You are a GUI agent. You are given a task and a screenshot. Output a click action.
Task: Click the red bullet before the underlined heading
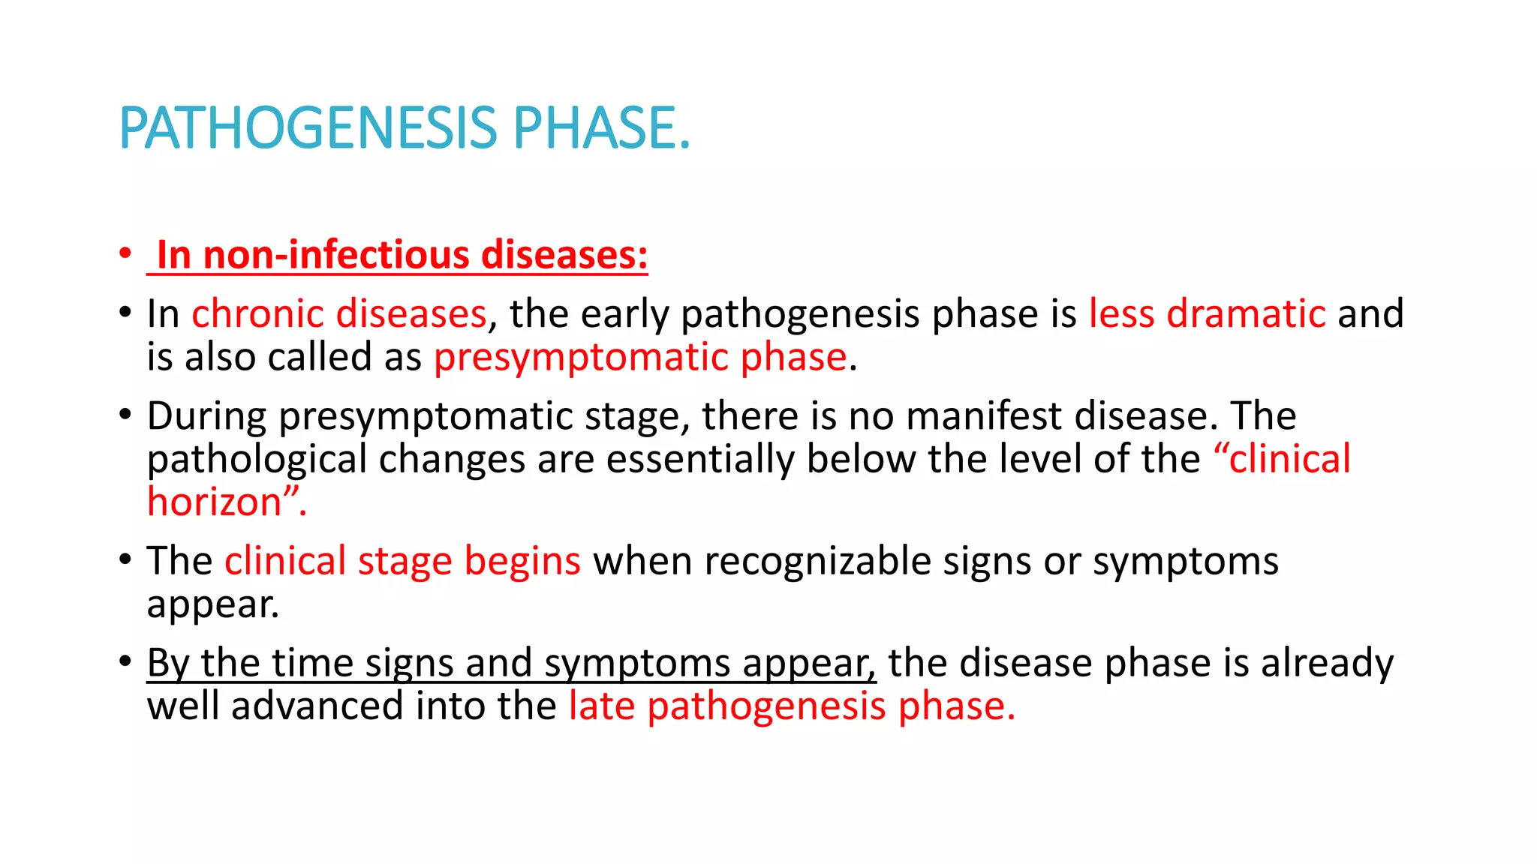point(125,253)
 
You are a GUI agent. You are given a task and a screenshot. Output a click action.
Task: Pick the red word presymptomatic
point(581,357)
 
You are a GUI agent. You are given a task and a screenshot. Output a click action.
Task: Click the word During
point(206,416)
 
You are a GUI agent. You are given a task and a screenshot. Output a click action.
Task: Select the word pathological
point(257,460)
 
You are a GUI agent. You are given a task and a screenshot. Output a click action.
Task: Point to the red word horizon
point(215,502)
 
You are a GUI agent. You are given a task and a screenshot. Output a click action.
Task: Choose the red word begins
point(522,561)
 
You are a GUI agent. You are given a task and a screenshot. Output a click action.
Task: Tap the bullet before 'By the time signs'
point(125,661)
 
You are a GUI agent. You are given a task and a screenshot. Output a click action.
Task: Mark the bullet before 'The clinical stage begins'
point(125,559)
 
